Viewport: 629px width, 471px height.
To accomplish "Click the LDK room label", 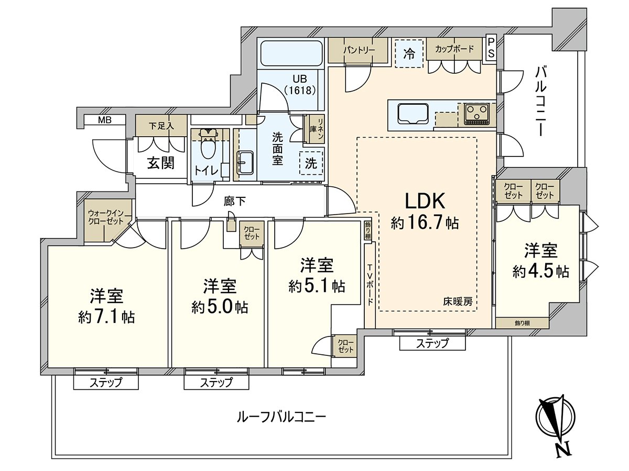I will point(425,201).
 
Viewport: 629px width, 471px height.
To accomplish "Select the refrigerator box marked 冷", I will point(408,53).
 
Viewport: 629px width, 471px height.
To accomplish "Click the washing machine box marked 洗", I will point(311,163).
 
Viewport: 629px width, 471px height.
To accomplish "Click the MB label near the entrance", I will point(105,120).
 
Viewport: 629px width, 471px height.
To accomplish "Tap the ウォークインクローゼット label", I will point(106,217).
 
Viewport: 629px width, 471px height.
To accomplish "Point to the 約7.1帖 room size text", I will point(106,317).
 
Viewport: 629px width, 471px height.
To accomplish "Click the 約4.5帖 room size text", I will point(541,272).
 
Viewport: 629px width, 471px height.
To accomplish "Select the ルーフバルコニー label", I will point(281,417).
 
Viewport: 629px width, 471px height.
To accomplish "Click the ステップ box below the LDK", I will point(432,343).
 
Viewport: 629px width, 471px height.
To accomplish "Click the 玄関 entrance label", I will point(160,163).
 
